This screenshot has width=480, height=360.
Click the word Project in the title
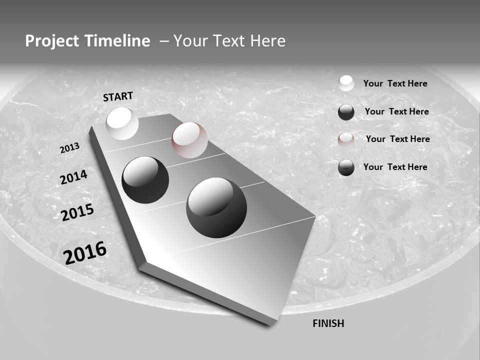tap(49, 41)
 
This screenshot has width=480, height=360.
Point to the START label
tap(118, 96)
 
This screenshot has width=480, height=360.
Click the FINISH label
tap(328, 323)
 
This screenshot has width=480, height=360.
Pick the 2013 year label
tap(69, 148)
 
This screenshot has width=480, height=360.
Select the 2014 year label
tap(73, 177)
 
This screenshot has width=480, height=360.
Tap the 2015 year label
tap(77, 213)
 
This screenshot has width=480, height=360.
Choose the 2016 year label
tap(85, 252)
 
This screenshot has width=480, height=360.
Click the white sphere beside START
tap(122, 123)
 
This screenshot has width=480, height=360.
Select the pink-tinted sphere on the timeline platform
tap(189, 139)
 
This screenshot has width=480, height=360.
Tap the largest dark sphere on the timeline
tap(216, 207)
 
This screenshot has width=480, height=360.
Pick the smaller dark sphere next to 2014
tap(145, 179)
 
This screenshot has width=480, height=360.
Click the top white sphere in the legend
tap(346, 83)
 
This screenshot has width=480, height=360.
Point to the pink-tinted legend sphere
tap(346, 139)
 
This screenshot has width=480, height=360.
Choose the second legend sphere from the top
tap(346, 112)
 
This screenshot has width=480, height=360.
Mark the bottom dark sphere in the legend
tap(346, 167)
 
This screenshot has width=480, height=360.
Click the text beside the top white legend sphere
tap(395, 83)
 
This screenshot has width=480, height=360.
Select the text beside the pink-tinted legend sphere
tap(397, 139)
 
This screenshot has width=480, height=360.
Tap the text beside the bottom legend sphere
tap(395, 167)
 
